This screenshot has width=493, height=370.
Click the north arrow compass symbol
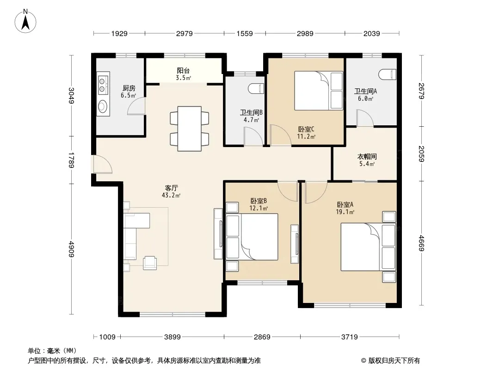[x=25, y=21]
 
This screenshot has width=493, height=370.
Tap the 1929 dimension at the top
[x=119, y=33]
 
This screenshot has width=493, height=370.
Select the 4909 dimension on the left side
[x=72, y=249]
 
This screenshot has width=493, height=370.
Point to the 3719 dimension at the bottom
[x=349, y=337]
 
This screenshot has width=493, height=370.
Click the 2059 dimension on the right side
[x=421, y=154]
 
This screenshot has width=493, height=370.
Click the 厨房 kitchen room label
[x=129, y=88]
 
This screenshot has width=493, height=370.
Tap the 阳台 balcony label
[x=183, y=71]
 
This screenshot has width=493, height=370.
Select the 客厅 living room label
[x=172, y=188]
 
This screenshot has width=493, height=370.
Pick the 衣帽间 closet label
[x=367, y=156]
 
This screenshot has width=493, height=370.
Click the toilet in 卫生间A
[x=388, y=74]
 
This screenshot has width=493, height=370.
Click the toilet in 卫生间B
[x=256, y=89]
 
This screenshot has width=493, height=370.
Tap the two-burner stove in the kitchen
[x=103, y=85]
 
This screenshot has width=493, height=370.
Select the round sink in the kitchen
[x=103, y=106]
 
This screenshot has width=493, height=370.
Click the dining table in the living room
[x=189, y=129]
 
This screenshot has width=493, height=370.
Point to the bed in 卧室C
[x=318, y=91]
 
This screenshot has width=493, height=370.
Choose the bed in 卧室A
[x=368, y=247]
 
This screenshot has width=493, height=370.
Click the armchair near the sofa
[x=150, y=263]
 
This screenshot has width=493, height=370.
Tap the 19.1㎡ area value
[x=345, y=212]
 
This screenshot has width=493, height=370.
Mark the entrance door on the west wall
[x=102, y=164]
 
